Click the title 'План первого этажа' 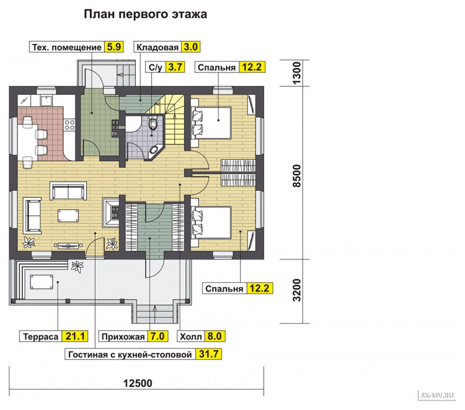pyautogui.click(x=145, y=14)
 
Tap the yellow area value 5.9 pyautogui.click(x=114, y=47)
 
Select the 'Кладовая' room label pyautogui.click(x=157, y=47)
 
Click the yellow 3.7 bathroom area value pyautogui.click(x=175, y=67)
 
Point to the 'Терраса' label pyautogui.click(x=41, y=336)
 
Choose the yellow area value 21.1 pyautogui.click(x=75, y=336)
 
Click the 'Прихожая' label pyautogui.click(x=123, y=337)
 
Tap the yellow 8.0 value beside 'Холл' pyautogui.click(x=215, y=336)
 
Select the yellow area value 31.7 pyautogui.click(x=208, y=354)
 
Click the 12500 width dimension pyautogui.click(x=138, y=383)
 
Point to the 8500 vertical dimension pyautogui.click(x=297, y=176)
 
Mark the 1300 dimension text pyautogui.click(x=297, y=73)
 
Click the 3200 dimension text pyautogui.click(x=297, y=290)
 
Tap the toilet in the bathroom pyautogui.click(x=153, y=123)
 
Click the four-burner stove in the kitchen pyautogui.click(x=69, y=124)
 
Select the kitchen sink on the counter pyautogui.click(x=46, y=101)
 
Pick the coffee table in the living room pyautogui.click(x=68, y=216)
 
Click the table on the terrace pyautogui.click(x=42, y=282)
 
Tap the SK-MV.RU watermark pyautogui.click(x=437, y=395)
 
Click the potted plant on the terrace pyautogui.click(x=77, y=266)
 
